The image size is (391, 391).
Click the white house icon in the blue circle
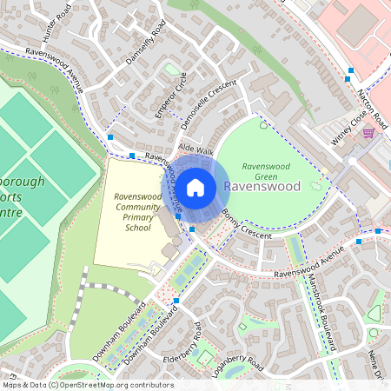(195, 186)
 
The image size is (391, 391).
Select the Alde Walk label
(195, 150)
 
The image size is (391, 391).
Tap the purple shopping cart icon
(368, 133)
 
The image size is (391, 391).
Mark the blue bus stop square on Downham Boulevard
(176, 301)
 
